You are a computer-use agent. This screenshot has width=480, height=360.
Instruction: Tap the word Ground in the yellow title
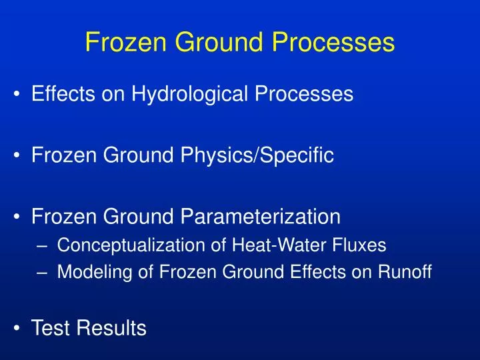coord(215,43)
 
